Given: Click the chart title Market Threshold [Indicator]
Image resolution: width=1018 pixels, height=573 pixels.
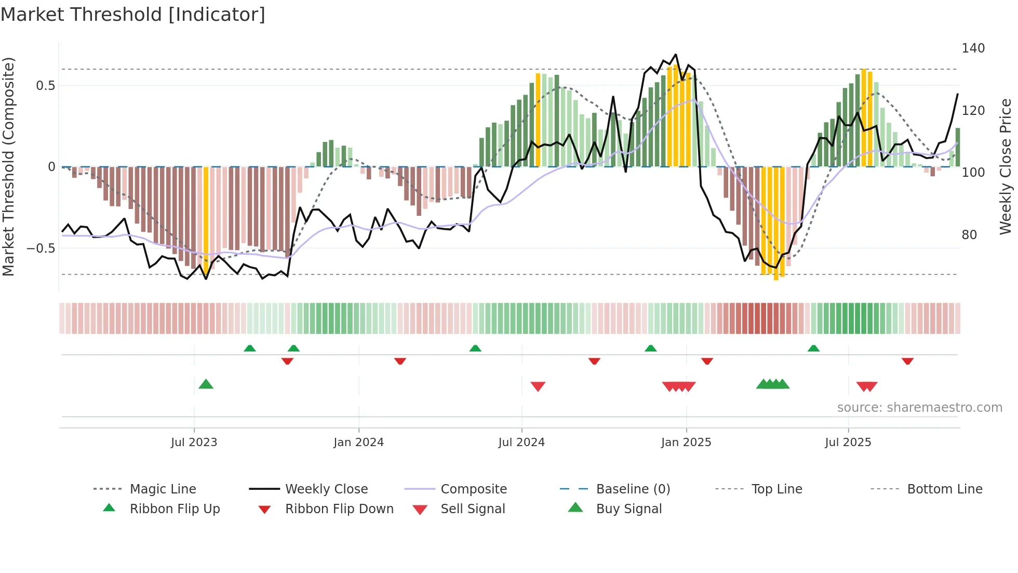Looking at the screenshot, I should tap(133, 15).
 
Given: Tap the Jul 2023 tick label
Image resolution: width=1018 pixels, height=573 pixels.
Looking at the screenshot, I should tap(194, 442).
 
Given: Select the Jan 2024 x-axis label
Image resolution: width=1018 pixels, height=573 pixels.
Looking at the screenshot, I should tap(358, 442).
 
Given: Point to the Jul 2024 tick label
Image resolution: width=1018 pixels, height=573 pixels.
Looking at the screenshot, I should tap(521, 442).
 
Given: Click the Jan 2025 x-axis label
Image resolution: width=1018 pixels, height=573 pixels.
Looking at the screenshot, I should tap(686, 442).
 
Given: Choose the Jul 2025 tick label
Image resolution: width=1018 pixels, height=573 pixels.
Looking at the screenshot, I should tap(848, 442).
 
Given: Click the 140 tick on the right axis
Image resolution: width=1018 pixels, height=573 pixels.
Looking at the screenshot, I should tap(973, 48).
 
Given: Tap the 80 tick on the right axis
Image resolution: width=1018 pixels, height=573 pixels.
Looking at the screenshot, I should tap(969, 235).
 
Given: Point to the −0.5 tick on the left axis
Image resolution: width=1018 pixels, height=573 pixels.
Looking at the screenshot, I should tap(41, 249).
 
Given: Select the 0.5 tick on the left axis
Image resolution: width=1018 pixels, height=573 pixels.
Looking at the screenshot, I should tap(45, 86).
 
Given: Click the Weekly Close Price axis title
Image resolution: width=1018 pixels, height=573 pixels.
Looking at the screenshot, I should tap(1006, 166).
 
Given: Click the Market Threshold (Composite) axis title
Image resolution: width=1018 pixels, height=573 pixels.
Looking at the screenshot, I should tap(8, 166).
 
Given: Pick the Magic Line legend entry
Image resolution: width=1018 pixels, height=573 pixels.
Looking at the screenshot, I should tap(163, 489).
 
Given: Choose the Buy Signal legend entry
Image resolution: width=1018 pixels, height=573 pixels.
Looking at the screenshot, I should tap(628, 509).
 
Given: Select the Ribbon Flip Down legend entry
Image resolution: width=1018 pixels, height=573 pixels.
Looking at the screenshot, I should tap(339, 509).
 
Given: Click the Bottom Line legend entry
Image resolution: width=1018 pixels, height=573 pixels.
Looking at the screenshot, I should tap(944, 489).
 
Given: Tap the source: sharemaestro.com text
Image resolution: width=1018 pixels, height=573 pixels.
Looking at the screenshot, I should tap(919, 408).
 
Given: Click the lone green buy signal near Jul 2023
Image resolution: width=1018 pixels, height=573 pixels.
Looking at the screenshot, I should tap(206, 384).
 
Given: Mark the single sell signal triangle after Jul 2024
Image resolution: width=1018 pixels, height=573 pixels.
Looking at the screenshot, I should tap(538, 386).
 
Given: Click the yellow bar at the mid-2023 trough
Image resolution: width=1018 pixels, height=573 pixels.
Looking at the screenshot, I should tap(206, 218).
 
